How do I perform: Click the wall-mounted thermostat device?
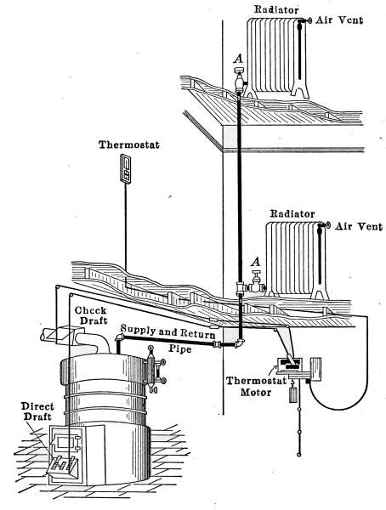[x=125, y=169]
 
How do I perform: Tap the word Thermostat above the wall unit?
[x=129, y=144]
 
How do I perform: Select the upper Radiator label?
[x=276, y=9]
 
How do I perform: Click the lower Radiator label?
[x=292, y=214]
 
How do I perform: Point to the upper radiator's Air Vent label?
[x=339, y=20]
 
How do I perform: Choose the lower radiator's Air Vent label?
[x=359, y=226]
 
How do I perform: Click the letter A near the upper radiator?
[x=239, y=59]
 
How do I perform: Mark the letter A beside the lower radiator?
[x=257, y=261]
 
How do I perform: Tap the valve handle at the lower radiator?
[x=257, y=272]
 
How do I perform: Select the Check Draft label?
[x=91, y=315]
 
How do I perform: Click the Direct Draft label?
[x=37, y=411]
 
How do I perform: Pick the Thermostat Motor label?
[x=256, y=387]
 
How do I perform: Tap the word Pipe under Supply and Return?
[x=180, y=348]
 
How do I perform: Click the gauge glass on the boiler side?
[x=150, y=370]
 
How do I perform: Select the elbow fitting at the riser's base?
[x=241, y=343]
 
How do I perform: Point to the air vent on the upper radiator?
[x=306, y=20]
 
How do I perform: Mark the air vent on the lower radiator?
[x=326, y=225]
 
